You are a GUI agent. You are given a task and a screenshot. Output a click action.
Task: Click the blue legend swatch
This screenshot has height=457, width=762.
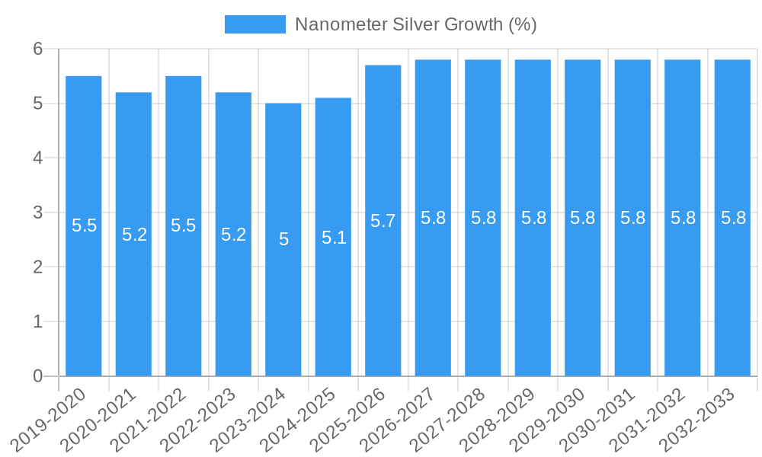tap(255, 24)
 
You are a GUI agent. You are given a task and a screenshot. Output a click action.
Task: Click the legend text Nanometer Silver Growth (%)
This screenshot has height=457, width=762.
tap(415, 24)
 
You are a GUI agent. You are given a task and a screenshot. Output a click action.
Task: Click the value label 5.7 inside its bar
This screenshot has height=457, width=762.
tap(383, 221)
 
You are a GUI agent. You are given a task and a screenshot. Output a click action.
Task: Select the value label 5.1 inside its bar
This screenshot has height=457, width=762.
tap(334, 238)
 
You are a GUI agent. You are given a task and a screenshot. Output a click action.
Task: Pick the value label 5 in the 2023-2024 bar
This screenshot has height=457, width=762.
tap(283, 240)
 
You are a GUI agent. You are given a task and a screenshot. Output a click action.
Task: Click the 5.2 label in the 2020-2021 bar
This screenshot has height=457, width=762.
tap(134, 235)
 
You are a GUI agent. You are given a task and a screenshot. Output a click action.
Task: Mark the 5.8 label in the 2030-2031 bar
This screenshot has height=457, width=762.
tap(633, 218)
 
